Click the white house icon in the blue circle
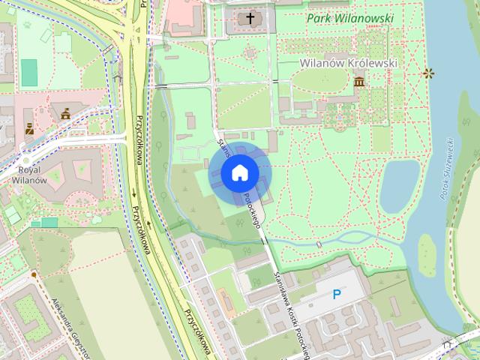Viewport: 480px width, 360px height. pyautogui.click(x=239, y=173)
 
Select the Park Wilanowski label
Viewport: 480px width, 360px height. pyautogui.click(x=349, y=16)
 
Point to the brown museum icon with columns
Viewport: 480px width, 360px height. pyautogui.click(x=359, y=80)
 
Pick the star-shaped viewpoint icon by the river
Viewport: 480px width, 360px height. pyautogui.click(x=428, y=73)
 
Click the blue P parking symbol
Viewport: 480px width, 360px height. pyautogui.click(x=337, y=295)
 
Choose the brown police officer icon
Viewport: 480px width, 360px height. pyautogui.click(x=29, y=128)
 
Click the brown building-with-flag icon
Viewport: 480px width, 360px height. pyautogui.click(x=65, y=113)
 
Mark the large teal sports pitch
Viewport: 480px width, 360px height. pyautogui.click(x=28, y=72)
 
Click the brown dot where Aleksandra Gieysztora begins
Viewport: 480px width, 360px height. pyautogui.click(x=34, y=275)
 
